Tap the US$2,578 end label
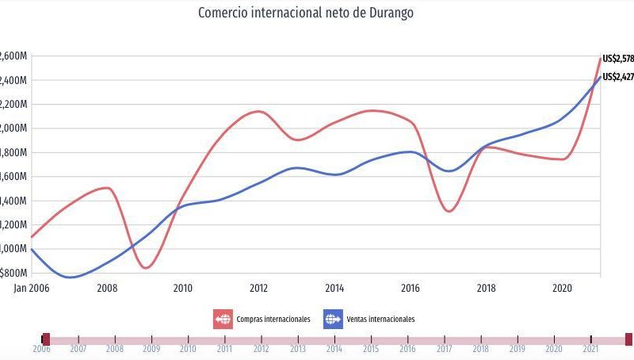617,58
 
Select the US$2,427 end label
617,77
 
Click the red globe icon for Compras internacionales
223,320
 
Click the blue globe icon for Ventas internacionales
332,320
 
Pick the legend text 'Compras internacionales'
273,320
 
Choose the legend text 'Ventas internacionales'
380,320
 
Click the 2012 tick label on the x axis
258,289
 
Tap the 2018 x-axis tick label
486,289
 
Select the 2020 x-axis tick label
562,289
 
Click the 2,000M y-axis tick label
13,128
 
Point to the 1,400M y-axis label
13,201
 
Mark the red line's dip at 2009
146,267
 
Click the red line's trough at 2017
449,211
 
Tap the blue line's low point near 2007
71,277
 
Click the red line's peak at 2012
259,111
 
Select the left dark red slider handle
46,339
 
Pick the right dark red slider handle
628,339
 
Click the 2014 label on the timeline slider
334,349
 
